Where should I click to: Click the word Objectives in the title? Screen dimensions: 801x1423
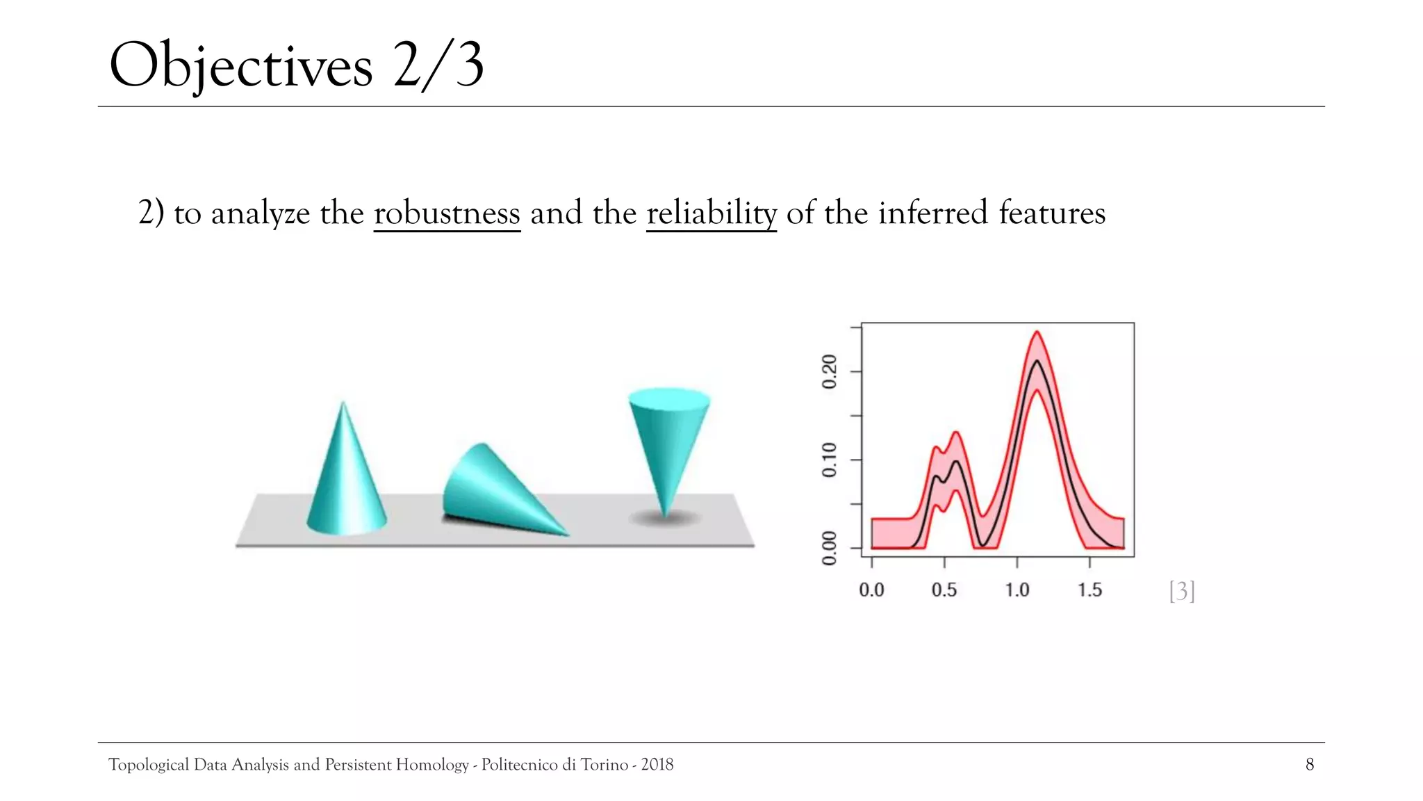click(x=240, y=66)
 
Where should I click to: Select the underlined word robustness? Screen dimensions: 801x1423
click(x=447, y=213)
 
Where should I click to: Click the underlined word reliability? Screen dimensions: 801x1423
click(x=711, y=213)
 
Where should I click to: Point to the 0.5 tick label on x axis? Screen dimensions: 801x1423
click(x=944, y=590)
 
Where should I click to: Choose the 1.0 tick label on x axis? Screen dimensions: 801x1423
click(x=1017, y=590)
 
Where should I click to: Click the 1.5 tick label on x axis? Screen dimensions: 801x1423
click(x=1089, y=590)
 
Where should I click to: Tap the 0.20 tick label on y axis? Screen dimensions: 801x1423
click(x=830, y=372)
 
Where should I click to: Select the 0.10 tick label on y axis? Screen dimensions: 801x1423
click(x=830, y=460)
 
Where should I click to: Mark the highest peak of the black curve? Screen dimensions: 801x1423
click(x=1037, y=361)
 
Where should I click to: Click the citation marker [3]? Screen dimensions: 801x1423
click(x=1182, y=591)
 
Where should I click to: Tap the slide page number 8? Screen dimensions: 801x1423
click(x=1310, y=765)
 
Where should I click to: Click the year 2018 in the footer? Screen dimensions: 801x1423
click(x=657, y=765)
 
